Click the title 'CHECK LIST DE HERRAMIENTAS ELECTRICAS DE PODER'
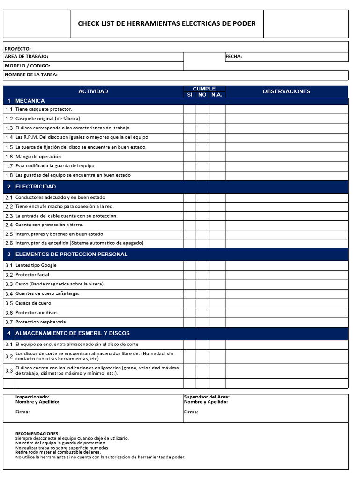[166, 23]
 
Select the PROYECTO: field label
[18, 49]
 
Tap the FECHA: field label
[233, 57]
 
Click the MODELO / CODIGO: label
[27, 66]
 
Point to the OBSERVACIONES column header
[286, 91]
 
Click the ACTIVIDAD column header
[93, 91]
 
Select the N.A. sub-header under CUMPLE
[217, 95]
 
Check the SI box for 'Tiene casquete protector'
[190, 109]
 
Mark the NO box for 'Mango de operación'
[202, 157]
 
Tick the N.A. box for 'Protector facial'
[217, 275]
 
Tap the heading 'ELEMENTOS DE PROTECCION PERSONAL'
[71, 254]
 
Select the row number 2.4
[9, 225]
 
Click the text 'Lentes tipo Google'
[36, 265]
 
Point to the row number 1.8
[9, 175]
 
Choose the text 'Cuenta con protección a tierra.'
[49, 225]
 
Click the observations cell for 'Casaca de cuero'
[286, 303]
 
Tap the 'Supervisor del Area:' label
[207, 397]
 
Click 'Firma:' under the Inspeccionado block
[22, 412]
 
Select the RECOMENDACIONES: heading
[37, 434]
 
